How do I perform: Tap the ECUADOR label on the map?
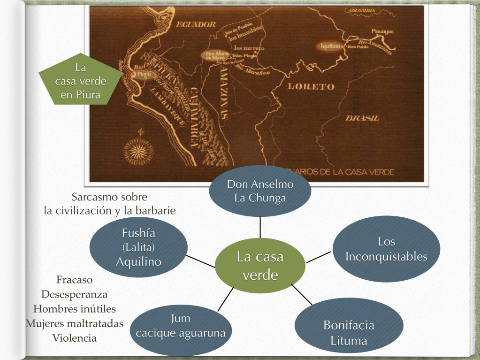(196, 25)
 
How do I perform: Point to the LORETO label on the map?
(311, 86)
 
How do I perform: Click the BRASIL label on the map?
(362, 118)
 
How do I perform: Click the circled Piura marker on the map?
(145, 74)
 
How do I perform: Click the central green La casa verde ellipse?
(260, 266)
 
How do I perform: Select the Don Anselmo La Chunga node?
(260, 191)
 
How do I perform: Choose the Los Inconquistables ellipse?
(386, 249)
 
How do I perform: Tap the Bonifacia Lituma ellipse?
(349, 333)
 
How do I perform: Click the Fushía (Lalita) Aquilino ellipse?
(138, 247)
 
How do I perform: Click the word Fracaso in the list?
(74, 280)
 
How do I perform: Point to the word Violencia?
(74, 338)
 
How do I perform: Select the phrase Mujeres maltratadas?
(75, 323)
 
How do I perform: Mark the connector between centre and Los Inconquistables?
(319, 256)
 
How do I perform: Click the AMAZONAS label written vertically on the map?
(224, 92)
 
